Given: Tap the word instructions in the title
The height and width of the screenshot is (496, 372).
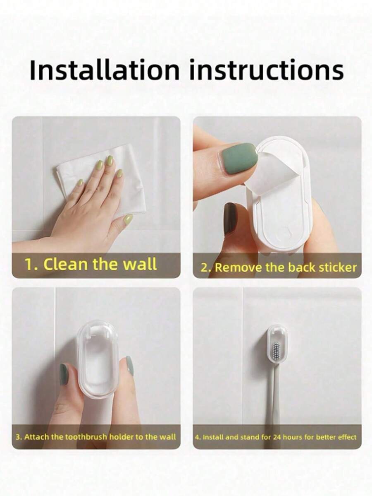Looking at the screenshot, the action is (267, 70).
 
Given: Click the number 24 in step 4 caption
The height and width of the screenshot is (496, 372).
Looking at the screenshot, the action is (277, 437).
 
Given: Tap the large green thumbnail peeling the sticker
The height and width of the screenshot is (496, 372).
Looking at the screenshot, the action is (239, 157).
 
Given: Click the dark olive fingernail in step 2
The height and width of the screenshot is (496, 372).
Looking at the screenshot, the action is (229, 218).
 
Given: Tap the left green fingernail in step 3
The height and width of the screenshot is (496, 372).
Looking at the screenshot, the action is (64, 374).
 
